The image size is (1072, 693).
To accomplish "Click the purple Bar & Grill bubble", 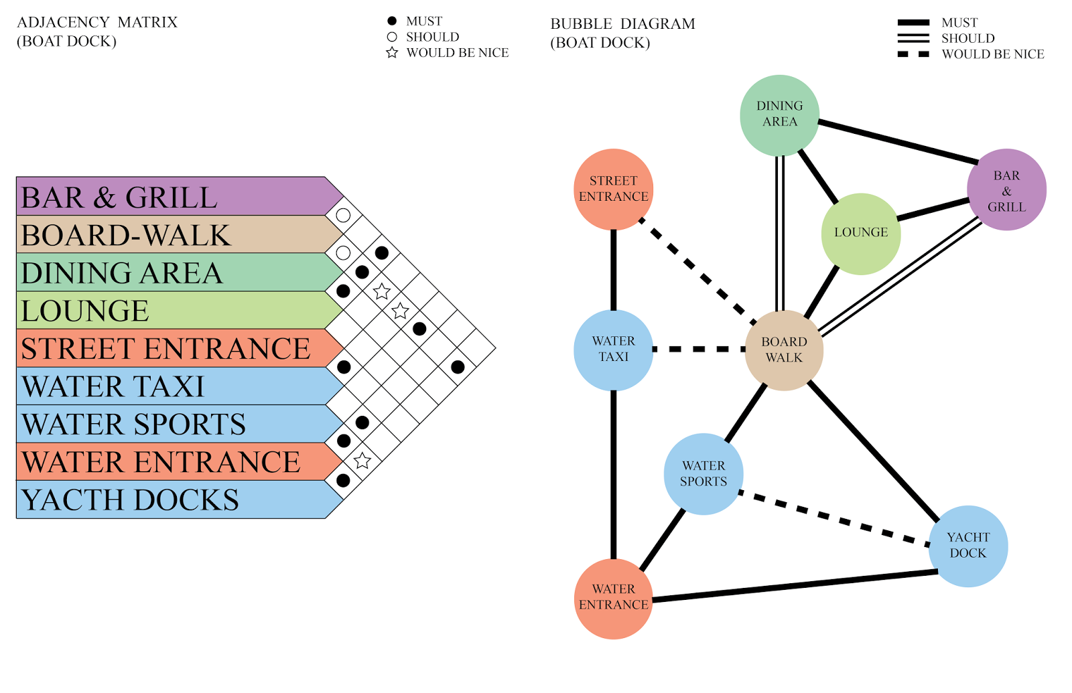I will click(x=1006, y=190).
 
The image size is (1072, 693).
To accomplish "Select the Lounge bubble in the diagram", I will click(x=861, y=233).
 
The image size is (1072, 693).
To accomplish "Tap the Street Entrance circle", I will click(x=613, y=189).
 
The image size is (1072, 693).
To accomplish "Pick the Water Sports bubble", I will click(x=703, y=473).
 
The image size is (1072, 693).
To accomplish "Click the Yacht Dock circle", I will click(x=967, y=545).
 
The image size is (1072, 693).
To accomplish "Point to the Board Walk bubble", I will click(x=784, y=350).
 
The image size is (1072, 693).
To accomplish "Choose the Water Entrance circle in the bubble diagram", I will click(x=613, y=597).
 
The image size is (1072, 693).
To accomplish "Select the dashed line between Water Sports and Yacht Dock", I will click(x=834, y=519).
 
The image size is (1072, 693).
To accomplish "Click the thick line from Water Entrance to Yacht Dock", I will click(x=794, y=585).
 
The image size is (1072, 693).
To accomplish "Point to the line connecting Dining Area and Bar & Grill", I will click(x=898, y=141).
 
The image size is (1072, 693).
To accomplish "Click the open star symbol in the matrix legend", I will click(x=392, y=52).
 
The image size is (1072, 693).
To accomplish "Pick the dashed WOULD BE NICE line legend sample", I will click(x=913, y=54).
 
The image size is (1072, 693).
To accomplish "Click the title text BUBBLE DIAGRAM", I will click(x=622, y=24).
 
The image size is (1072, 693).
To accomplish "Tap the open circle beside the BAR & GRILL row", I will click(x=343, y=216).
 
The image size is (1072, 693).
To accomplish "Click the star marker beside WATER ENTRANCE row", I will click(x=362, y=461).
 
